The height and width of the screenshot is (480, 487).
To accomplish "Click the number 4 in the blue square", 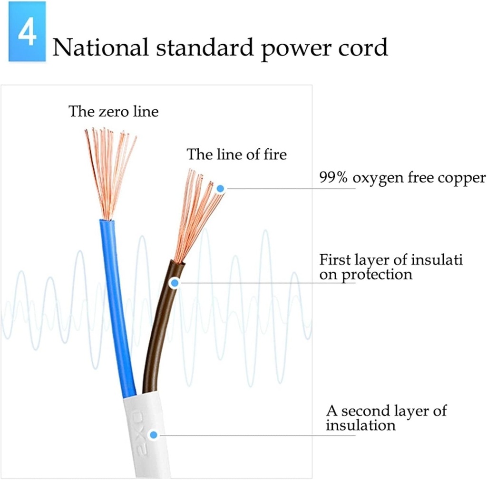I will click(x=27, y=32).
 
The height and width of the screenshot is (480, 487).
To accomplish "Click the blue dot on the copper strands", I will click(x=220, y=189).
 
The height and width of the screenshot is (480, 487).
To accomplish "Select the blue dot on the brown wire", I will click(x=175, y=283).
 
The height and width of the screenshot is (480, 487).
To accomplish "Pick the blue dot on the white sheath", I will click(x=153, y=434).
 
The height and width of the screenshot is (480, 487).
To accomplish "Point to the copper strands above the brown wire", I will click(x=197, y=214).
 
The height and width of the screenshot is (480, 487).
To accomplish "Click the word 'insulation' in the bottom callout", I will click(x=360, y=425).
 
